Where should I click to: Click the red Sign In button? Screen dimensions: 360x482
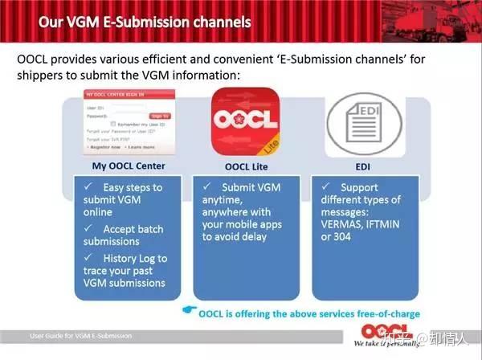pyautogui.click(x=160, y=115)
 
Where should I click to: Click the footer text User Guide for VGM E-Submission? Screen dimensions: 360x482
pyautogui.click(x=80, y=336)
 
